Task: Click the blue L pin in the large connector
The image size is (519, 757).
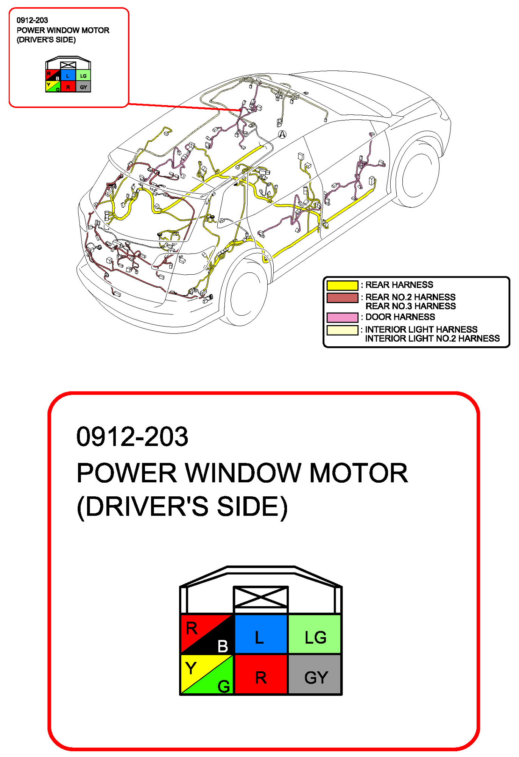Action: [260, 634]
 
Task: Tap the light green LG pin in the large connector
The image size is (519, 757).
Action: [315, 634]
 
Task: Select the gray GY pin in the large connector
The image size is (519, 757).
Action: [315, 674]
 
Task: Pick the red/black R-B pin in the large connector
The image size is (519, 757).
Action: [207, 634]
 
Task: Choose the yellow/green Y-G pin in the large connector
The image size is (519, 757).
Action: [207, 674]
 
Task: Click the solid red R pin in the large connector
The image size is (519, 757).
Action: [260, 674]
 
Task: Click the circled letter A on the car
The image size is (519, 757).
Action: [282, 135]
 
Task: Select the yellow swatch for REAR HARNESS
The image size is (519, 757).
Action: [342, 285]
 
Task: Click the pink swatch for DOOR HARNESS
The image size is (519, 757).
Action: [342, 317]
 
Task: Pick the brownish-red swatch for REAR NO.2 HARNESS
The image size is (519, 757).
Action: [342, 298]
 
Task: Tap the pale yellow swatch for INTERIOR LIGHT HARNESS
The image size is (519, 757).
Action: [342, 330]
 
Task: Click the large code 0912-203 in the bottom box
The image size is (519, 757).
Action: [132, 437]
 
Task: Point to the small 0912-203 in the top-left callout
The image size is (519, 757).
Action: [32, 20]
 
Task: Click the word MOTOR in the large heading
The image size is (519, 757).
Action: [358, 473]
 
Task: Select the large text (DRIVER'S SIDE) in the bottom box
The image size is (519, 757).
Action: [182, 507]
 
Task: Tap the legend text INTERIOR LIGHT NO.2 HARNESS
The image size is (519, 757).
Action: [432, 338]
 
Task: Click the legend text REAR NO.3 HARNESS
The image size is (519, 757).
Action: [410, 306]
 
